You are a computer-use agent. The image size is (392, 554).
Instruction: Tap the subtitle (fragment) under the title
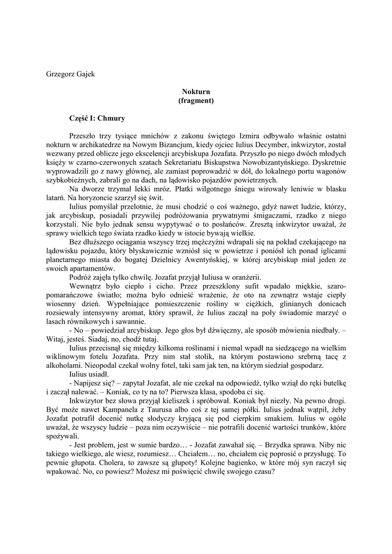pos(195,101)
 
